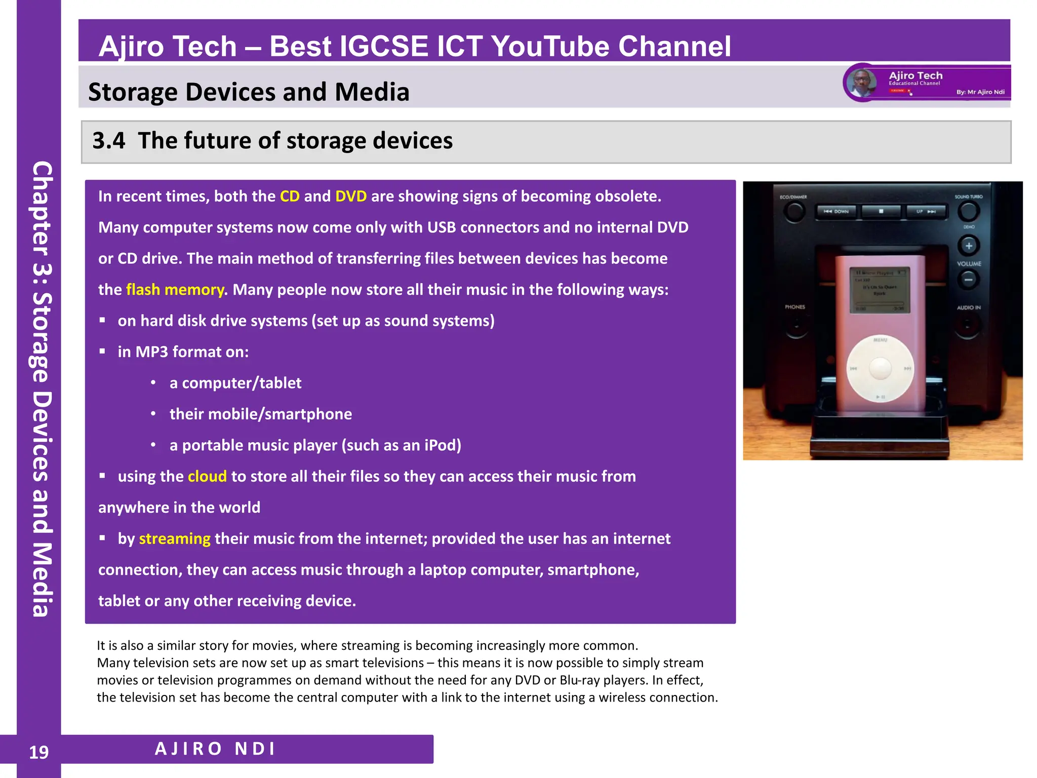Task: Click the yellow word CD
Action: click(290, 196)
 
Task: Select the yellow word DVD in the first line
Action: click(351, 196)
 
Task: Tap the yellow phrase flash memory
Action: click(175, 289)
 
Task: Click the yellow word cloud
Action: click(207, 476)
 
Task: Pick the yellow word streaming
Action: click(175, 538)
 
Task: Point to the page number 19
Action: click(39, 752)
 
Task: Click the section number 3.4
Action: click(108, 140)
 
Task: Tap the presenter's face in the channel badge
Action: click(862, 82)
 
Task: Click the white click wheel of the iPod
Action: click(880, 368)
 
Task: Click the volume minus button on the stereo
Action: click(968, 279)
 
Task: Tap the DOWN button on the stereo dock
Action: click(836, 211)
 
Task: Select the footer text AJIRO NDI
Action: click(215, 749)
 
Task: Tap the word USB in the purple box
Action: click(441, 227)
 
